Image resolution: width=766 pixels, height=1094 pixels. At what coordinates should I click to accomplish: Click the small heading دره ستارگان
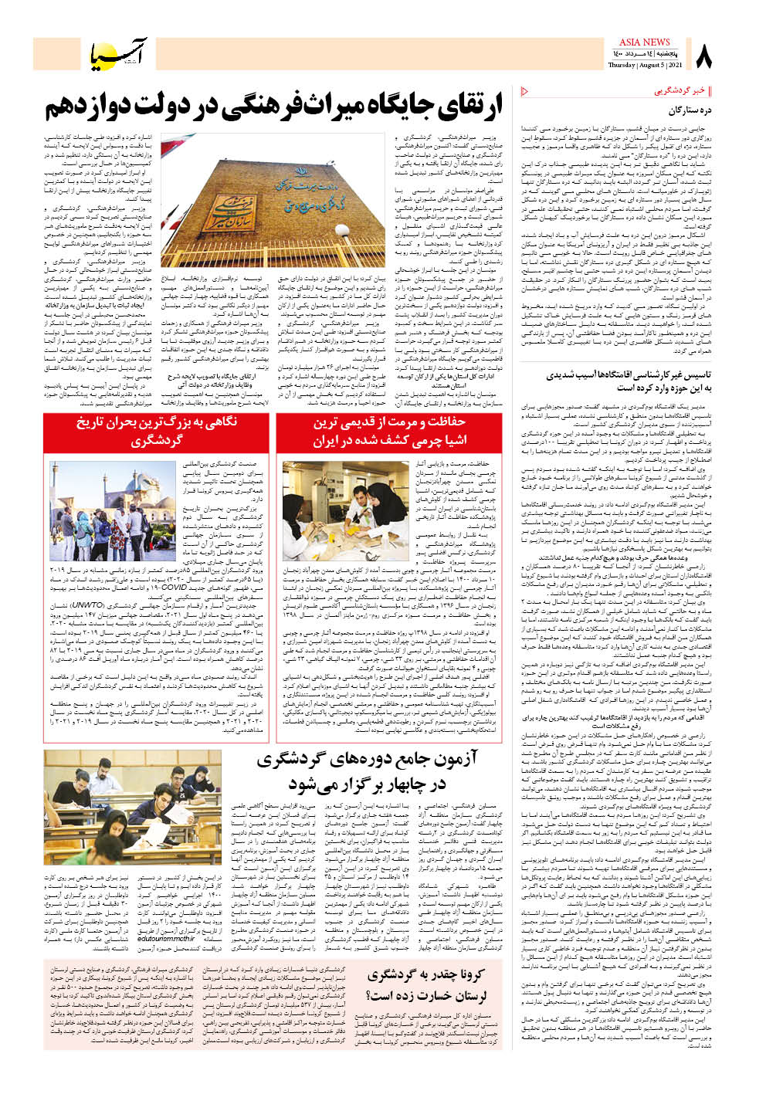click(690, 110)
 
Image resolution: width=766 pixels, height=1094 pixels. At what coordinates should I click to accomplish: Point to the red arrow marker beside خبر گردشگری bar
click(526, 91)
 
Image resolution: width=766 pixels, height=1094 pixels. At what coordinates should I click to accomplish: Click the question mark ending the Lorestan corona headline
click(368, 995)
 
